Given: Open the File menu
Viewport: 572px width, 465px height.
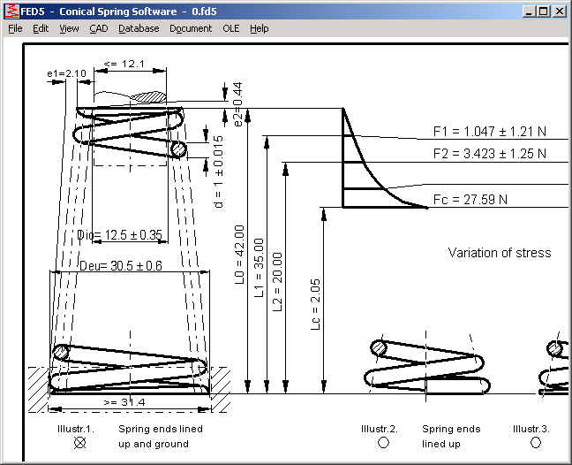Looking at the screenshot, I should [x=15, y=28].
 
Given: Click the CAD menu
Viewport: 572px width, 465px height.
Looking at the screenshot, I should [x=99, y=28].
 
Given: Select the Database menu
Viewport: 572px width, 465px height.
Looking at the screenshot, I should [x=139, y=28].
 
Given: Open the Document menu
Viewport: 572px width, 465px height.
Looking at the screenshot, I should [x=191, y=28].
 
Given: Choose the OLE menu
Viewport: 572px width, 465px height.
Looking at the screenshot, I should [x=230, y=28].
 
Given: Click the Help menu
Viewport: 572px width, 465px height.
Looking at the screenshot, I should [x=259, y=28].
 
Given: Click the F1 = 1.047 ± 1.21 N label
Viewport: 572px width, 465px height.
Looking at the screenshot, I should [x=489, y=132].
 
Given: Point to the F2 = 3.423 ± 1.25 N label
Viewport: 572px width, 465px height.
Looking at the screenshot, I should [x=489, y=154].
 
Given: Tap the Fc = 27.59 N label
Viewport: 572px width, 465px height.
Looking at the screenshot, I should [x=470, y=199].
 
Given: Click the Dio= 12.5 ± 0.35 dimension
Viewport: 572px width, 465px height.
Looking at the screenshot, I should [x=120, y=235].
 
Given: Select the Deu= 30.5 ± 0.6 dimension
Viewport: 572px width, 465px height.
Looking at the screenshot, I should [x=121, y=265].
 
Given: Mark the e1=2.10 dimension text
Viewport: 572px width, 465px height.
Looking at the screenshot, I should [x=66, y=73].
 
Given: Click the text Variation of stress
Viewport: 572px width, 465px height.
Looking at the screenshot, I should [x=499, y=253].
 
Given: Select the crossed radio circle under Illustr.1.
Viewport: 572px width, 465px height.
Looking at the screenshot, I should [x=80, y=442].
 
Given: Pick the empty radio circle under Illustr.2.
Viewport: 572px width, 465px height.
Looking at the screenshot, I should [x=383, y=442].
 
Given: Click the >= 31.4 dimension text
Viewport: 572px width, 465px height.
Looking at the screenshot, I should [x=124, y=403].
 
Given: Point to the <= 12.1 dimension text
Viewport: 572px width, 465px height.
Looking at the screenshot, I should [x=123, y=64].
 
